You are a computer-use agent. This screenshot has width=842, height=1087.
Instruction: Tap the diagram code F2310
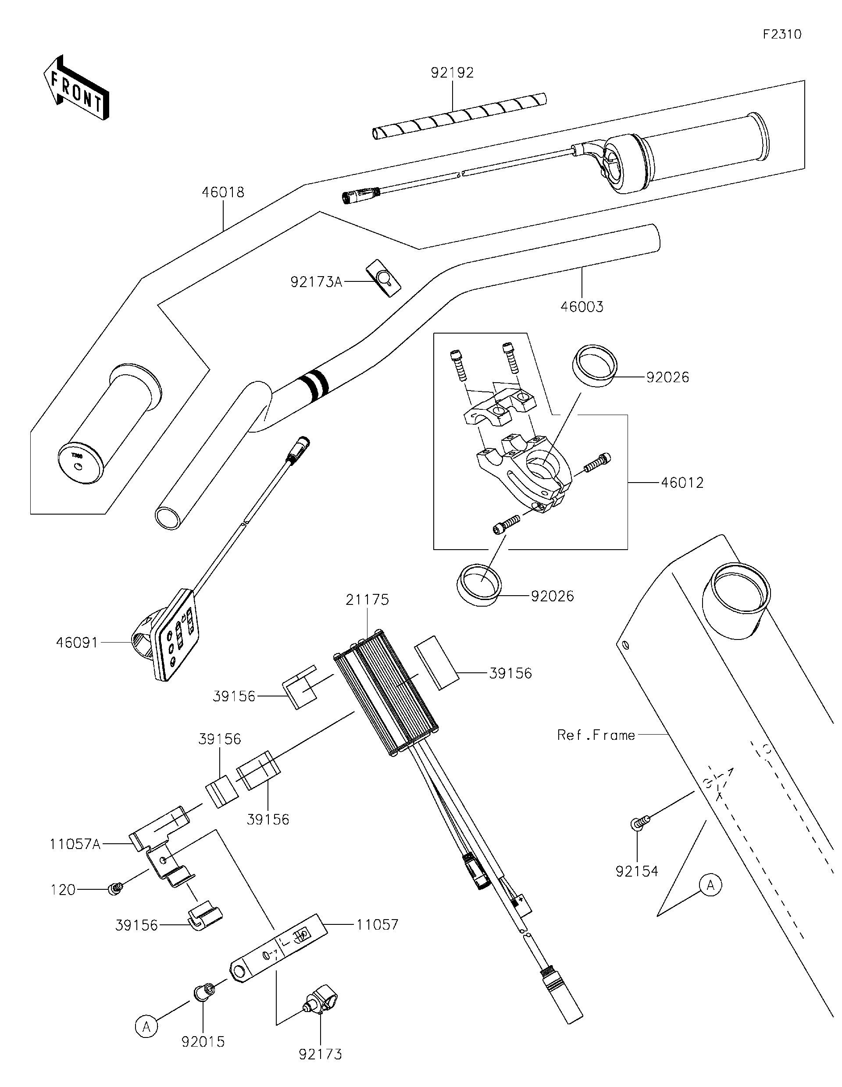click(782, 34)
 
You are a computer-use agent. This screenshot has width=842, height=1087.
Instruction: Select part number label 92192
click(452, 73)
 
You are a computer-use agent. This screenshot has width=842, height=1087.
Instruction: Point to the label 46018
click(223, 192)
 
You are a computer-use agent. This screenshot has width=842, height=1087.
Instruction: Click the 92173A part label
click(316, 283)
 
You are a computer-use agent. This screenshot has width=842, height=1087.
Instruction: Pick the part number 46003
click(582, 306)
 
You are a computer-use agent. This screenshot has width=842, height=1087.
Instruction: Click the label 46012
click(682, 483)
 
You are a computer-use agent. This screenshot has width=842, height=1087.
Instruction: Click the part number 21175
click(367, 600)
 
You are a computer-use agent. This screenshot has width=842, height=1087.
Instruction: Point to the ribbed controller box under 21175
click(386, 694)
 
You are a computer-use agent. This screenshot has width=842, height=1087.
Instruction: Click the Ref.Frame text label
click(596, 735)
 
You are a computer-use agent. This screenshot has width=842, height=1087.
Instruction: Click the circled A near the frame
click(710, 885)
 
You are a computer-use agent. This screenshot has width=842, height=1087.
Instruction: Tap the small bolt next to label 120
click(115, 888)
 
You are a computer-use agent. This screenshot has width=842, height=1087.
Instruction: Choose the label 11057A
click(75, 845)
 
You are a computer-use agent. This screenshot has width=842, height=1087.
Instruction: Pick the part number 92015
click(203, 1042)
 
